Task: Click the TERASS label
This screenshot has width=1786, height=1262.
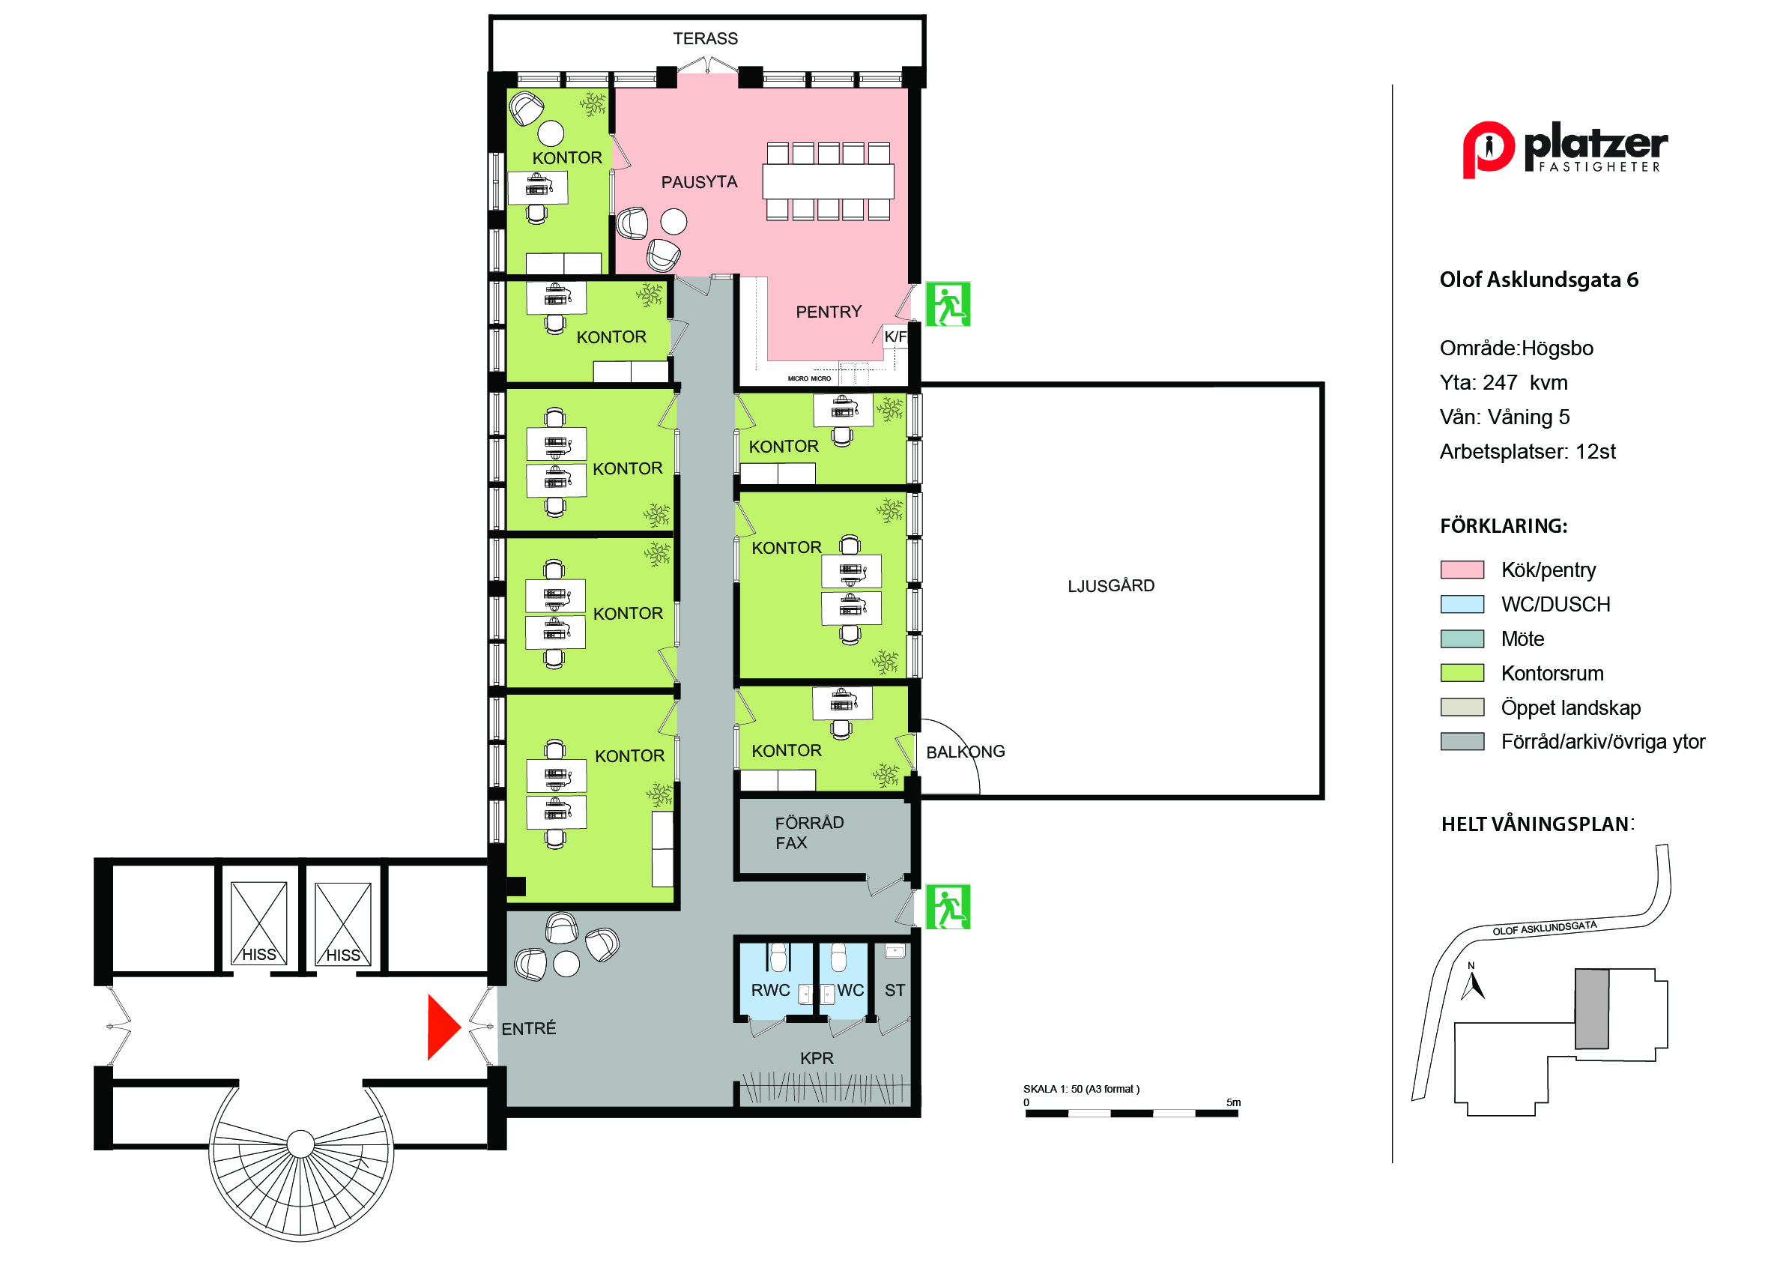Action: coord(705,38)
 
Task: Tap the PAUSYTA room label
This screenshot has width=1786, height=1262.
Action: coord(699,182)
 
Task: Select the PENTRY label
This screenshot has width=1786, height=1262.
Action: coord(829,312)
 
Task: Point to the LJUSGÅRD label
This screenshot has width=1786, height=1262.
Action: coord(1111,585)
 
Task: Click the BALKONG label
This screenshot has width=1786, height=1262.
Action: coord(966,752)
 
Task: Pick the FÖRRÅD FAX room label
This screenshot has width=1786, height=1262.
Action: coord(809,833)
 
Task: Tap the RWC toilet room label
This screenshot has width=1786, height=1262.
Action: coord(770,991)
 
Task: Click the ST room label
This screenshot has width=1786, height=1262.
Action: coord(894,991)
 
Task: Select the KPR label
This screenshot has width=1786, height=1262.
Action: coord(817,1058)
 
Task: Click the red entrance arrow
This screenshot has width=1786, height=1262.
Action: coord(442,1027)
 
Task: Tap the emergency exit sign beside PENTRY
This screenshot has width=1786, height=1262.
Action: coord(948,304)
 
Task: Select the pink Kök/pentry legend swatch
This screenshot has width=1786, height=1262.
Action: coord(1462,570)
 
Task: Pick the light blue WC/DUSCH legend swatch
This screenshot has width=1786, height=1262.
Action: coord(1462,604)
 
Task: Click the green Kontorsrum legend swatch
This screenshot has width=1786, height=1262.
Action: coord(1462,673)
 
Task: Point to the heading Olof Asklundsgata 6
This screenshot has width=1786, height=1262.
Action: coord(1539,280)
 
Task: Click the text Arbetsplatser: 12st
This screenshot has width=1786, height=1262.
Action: coord(1528,451)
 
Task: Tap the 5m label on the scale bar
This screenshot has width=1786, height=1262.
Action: coord(1234,1102)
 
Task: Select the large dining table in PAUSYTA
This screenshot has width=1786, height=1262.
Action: coord(828,181)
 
